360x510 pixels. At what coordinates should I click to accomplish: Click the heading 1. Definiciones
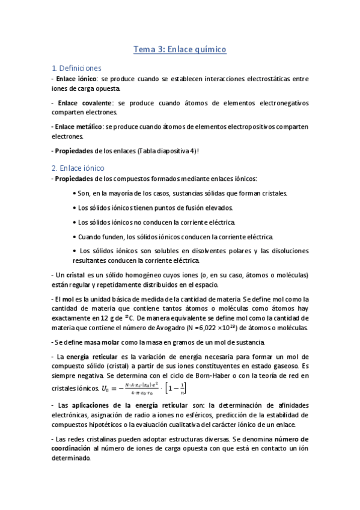[x=77, y=68]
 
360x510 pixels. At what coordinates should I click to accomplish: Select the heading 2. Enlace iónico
[x=78, y=168]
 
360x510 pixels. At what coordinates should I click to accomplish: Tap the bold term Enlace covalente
[x=81, y=103]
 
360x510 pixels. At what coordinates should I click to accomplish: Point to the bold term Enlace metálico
[x=78, y=126]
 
